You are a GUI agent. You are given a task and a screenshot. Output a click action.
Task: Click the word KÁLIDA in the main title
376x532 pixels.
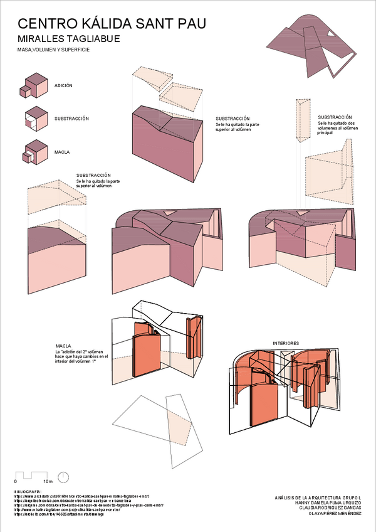tap(115, 24)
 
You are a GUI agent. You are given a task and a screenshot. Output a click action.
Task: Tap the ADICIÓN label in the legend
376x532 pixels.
tap(64, 85)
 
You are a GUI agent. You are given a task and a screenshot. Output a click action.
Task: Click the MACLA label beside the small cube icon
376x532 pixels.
tap(62, 152)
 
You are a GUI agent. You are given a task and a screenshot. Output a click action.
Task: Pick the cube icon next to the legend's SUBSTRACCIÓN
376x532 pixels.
tap(34, 119)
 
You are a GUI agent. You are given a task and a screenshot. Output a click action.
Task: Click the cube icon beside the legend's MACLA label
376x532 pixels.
tap(34, 152)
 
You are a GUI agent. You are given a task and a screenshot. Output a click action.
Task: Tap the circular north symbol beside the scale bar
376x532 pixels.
tap(63, 477)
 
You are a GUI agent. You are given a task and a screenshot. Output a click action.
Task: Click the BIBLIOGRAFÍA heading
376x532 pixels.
tap(29, 491)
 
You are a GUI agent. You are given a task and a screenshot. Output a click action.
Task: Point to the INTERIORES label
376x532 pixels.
tap(285, 343)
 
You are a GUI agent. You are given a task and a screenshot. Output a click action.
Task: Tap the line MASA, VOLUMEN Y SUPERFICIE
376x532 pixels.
tap(53, 49)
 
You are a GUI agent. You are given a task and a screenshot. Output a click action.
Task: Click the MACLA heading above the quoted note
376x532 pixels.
tap(63, 346)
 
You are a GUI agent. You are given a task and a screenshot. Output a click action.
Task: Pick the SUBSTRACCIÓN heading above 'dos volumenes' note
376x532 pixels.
tap(335, 117)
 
